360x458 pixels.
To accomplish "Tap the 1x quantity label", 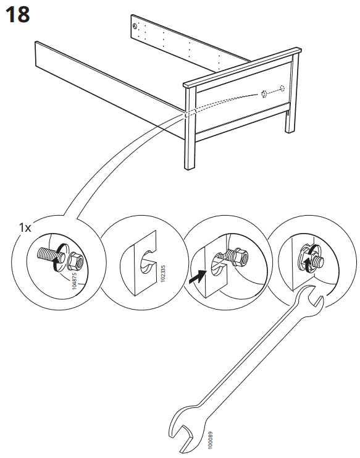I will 25,227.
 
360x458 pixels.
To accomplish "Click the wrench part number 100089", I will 209,439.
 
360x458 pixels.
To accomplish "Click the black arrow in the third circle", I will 196,278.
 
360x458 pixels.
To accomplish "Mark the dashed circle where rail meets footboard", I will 188,112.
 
